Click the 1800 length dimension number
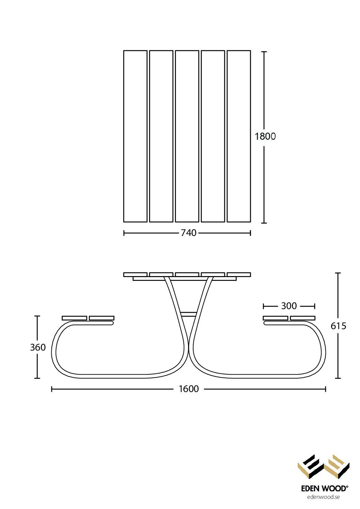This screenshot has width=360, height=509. tap(265, 136)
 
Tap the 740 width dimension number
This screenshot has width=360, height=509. tap(189, 233)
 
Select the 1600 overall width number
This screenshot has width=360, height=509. tap(189, 389)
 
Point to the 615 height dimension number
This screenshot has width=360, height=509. tap(339, 326)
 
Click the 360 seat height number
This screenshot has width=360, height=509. tap(38, 347)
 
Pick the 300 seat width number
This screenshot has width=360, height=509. tap(289, 306)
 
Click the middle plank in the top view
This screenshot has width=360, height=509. tap(187, 136)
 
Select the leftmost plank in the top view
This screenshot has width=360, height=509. tap(135, 136)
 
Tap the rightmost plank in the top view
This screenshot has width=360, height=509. tap(239, 136)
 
